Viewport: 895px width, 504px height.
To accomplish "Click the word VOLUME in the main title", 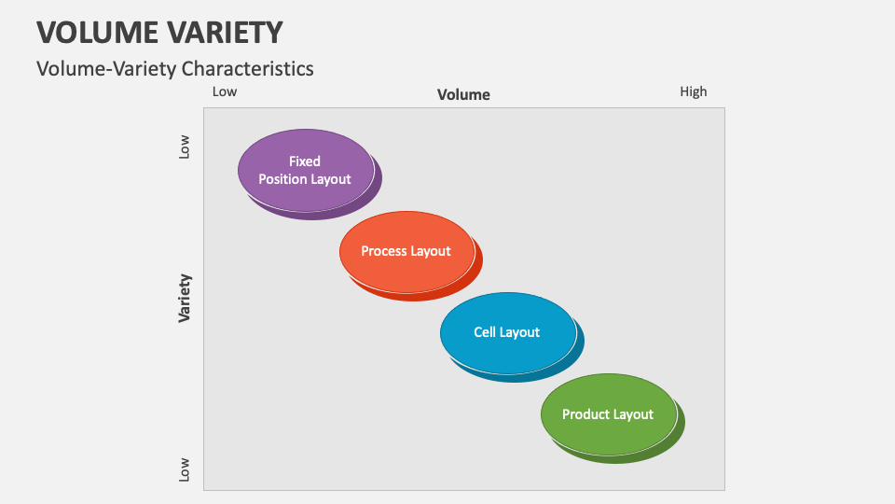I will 95,32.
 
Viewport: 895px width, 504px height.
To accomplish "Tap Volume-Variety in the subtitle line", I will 106,68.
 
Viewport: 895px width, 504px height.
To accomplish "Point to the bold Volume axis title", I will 463,94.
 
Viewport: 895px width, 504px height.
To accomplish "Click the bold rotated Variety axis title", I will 185,298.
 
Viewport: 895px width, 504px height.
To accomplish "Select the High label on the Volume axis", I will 693,91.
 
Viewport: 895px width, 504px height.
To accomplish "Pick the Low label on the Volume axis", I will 225,91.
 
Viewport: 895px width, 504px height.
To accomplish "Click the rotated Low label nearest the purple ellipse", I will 185,147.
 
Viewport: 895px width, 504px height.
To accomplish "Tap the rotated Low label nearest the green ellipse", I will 185,469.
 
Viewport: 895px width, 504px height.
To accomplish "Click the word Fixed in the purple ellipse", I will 305,161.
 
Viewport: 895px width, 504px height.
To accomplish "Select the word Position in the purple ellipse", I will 282,179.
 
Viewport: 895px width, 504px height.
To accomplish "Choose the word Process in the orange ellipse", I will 383,251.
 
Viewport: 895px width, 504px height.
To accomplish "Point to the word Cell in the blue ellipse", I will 485,332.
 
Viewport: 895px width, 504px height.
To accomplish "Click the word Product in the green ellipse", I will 585,414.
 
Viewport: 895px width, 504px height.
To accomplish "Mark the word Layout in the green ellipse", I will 633,414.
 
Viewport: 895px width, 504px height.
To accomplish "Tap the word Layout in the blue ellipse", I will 520,332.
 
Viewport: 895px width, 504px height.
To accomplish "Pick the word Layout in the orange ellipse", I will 431,251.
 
